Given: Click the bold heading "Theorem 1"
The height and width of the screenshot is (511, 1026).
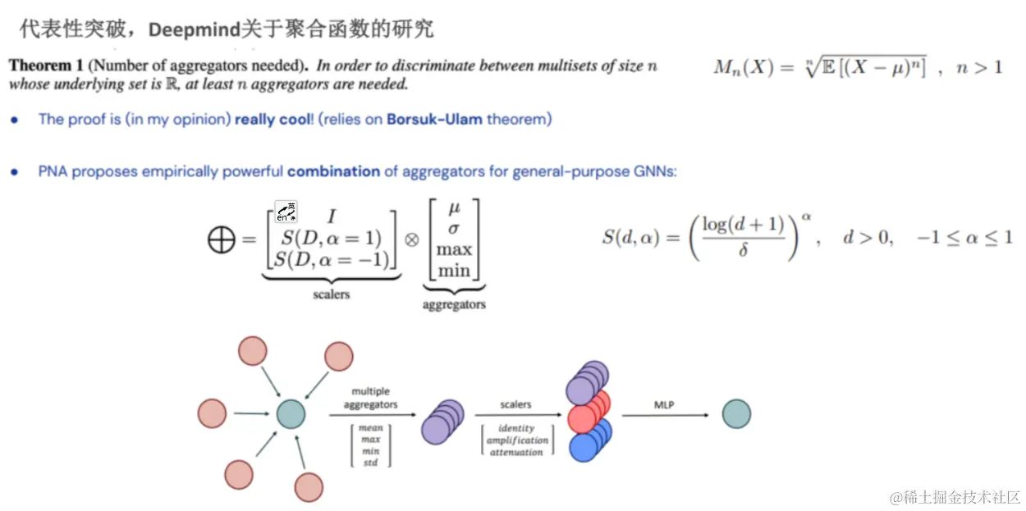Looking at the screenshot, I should click(45, 66).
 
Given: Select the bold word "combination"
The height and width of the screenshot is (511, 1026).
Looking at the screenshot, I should click(333, 172).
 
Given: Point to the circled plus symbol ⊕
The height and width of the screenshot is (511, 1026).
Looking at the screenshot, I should click(221, 240).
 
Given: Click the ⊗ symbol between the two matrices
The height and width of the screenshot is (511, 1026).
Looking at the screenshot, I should click(411, 240).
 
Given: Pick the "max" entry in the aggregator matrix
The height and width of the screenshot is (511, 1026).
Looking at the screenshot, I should click(453, 249).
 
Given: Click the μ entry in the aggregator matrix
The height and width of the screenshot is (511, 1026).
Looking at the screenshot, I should click(453, 209).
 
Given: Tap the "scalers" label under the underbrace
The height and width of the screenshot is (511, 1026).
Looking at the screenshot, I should click(331, 294).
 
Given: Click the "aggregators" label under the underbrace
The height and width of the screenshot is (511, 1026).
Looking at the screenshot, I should click(453, 304).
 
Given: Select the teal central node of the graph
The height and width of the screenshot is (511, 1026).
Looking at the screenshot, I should click(291, 413).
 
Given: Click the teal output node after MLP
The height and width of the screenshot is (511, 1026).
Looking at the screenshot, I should click(736, 413).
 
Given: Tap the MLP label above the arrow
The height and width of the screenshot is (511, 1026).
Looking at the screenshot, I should click(663, 404).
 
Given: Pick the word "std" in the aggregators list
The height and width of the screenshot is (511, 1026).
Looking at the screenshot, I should click(371, 463).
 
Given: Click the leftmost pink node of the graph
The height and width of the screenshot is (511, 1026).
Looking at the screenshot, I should click(212, 413).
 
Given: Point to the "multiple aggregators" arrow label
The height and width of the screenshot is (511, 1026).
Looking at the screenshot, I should click(370, 399).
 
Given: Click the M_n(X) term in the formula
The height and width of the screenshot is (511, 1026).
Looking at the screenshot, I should click(743, 68).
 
